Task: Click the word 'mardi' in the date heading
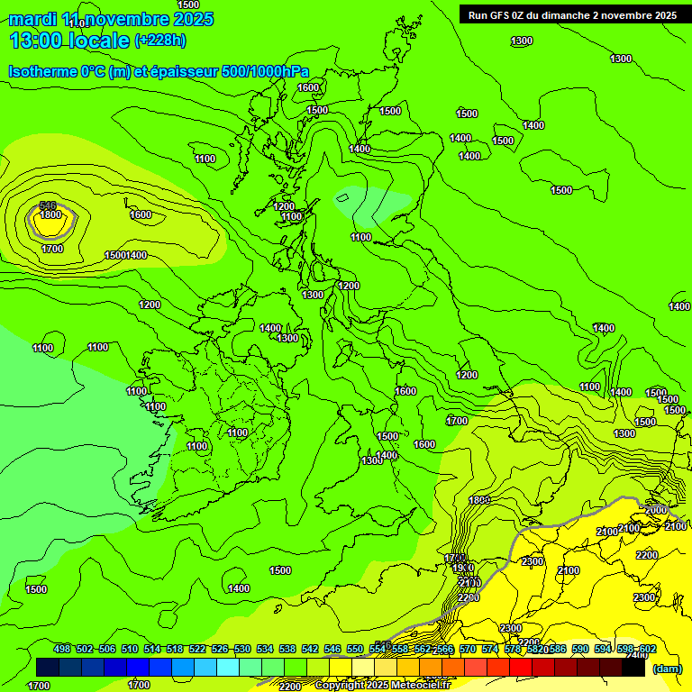point(33,19)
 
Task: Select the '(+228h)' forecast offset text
point(159,40)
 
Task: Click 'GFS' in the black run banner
point(505,15)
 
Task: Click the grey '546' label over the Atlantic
point(49,206)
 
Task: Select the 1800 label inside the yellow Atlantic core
point(50,215)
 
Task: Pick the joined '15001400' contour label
point(125,255)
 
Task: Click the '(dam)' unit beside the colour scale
point(667,669)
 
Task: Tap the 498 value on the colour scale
point(62,649)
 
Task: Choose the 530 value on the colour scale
point(242,649)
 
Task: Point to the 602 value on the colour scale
point(647,649)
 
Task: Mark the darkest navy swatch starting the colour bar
point(48,668)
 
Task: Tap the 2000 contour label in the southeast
point(656,510)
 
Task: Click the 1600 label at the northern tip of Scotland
point(308,87)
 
